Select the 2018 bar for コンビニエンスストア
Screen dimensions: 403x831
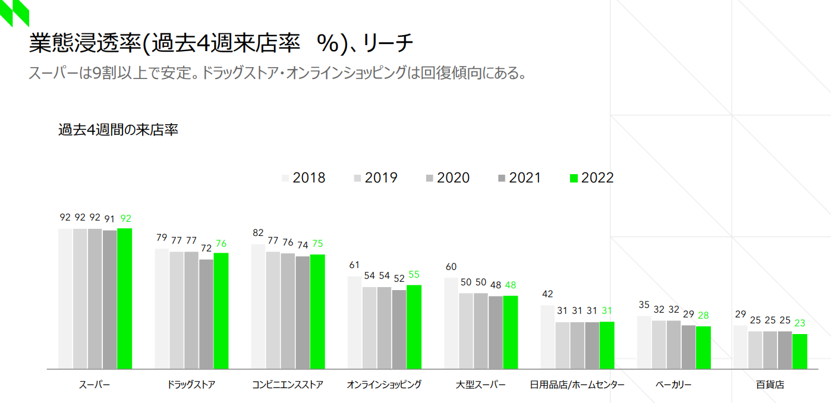point(258,306)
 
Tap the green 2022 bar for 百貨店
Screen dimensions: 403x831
point(799,351)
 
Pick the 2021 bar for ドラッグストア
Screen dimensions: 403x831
point(206,314)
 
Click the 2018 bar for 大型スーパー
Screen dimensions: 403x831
point(451,323)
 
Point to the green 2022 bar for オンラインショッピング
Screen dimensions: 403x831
point(414,327)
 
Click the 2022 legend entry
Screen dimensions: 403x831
point(591,178)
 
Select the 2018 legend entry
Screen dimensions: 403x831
point(303,178)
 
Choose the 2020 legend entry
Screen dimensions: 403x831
point(447,178)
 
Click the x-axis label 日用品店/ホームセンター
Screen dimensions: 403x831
point(577,385)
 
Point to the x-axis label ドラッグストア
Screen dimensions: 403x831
point(191,385)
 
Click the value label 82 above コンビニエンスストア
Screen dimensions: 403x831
point(258,233)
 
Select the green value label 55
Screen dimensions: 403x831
point(414,275)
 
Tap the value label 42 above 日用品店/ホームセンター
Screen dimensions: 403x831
point(547,294)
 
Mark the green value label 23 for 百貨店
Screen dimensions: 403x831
point(800,323)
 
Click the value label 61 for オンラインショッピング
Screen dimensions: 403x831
point(354,265)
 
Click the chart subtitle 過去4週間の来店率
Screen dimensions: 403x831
point(118,130)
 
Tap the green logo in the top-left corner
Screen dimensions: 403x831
point(14,13)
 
